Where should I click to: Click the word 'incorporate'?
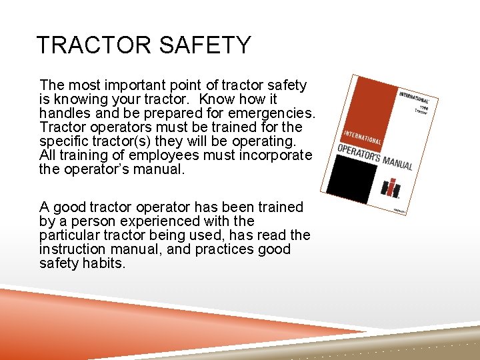273,155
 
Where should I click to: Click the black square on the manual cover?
353,177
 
